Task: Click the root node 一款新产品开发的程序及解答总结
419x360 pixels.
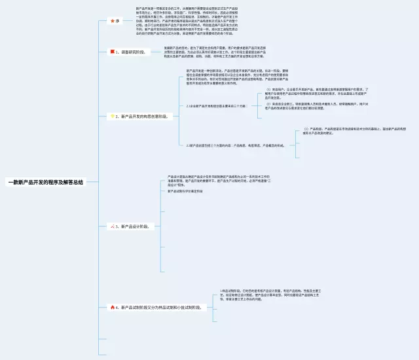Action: (45, 183)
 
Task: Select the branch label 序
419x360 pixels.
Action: (118, 21)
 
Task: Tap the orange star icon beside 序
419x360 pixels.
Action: (111, 21)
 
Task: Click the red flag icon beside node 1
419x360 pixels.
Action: (111, 51)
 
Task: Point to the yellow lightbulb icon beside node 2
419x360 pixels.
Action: (112, 116)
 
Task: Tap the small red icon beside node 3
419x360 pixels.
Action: (112, 226)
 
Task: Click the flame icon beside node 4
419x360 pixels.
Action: (112, 306)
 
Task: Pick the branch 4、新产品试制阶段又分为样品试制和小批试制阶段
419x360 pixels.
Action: (160, 306)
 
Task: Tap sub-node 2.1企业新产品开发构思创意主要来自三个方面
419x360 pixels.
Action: (216, 105)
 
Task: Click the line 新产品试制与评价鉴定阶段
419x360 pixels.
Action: (189, 191)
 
